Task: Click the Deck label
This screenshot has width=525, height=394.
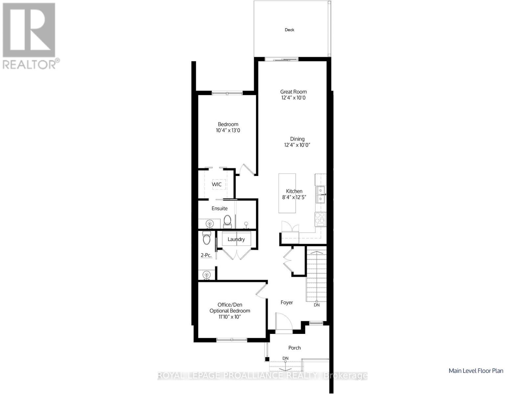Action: [289, 30]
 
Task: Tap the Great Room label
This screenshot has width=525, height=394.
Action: [293, 92]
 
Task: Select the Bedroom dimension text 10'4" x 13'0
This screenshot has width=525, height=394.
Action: [228, 130]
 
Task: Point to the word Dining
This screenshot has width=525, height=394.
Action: [297, 139]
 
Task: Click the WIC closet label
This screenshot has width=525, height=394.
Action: [217, 184]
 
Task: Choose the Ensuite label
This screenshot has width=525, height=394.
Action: [219, 208]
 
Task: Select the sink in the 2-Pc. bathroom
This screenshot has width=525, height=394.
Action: [206, 274]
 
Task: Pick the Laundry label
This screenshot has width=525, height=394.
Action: [236, 239]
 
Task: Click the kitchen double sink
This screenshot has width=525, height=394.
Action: [320, 195]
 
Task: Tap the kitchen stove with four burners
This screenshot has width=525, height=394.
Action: [320, 219]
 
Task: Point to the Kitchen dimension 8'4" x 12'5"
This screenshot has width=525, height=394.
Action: [294, 197]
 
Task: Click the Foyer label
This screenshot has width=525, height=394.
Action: [286, 302]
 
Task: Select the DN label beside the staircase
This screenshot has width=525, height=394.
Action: [317, 305]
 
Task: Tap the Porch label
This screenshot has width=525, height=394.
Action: [294, 348]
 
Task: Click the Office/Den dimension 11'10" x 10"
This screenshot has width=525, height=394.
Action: [230, 317]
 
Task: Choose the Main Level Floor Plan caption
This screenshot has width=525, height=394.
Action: [476, 371]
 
